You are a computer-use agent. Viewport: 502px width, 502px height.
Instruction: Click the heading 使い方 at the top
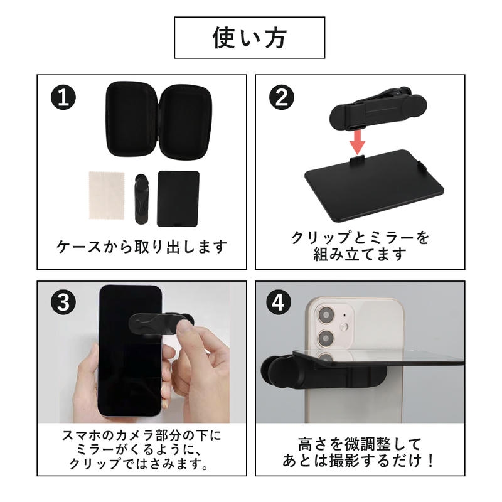249,38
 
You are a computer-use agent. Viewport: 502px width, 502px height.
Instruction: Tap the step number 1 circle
63,98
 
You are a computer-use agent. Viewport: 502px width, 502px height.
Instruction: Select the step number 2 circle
282,98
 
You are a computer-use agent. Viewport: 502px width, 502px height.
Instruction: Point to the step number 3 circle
63,302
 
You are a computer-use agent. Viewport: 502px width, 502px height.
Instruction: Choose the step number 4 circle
278,302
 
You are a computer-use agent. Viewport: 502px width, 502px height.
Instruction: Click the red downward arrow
357,142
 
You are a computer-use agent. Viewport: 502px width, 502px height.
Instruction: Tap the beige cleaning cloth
107,195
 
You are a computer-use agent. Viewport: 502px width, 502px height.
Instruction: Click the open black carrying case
159,119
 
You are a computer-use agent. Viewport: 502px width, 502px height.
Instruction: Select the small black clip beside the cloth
142,199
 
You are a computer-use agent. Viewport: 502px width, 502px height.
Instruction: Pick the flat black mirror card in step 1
178,198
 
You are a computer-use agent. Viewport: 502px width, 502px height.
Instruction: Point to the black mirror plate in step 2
374,186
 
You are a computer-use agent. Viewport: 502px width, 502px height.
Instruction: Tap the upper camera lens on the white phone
326,315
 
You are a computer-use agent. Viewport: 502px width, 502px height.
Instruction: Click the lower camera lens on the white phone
326,338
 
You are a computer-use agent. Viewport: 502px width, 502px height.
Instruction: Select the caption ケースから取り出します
142,247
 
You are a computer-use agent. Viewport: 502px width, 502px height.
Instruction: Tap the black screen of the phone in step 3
130,351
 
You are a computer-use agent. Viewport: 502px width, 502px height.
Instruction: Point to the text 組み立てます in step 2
360,255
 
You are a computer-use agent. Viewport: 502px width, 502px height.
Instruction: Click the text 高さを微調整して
360,444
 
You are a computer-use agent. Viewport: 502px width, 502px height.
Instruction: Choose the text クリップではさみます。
139,464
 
